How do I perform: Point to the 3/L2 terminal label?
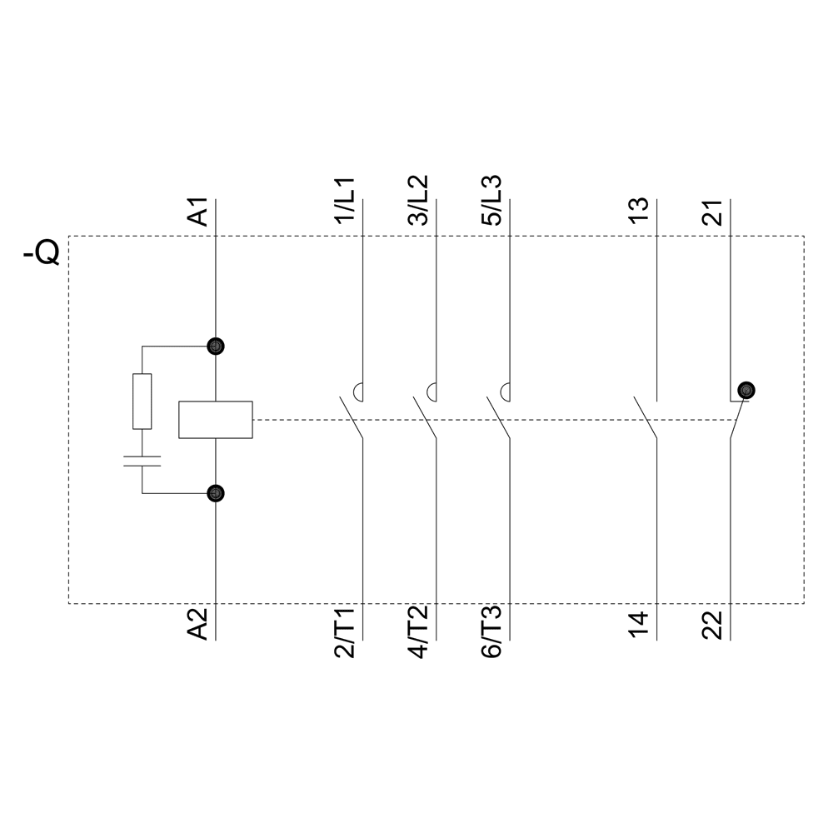point(418,201)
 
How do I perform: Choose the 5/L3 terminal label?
point(491,201)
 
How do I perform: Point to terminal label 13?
point(638,212)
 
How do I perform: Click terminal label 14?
point(638,625)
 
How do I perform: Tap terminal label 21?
point(712,212)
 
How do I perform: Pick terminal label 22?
point(712,625)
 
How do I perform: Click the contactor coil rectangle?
point(216,420)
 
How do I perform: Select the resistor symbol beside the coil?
point(142,402)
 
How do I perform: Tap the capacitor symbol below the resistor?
point(142,461)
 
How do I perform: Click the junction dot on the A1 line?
point(216,346)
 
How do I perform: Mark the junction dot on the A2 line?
point(216,494)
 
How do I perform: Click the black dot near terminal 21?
point(746,389)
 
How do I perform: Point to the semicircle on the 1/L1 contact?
point(359,389)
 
